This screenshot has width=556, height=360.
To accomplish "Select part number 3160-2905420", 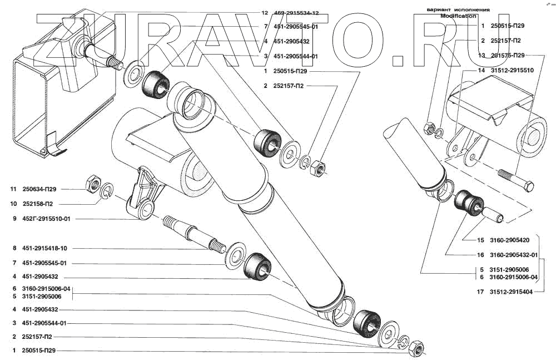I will point(510,241).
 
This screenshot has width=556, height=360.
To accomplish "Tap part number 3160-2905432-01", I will point(514,255).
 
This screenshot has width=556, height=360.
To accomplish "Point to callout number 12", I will point(265,12).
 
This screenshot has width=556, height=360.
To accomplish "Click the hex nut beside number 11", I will point(93,182).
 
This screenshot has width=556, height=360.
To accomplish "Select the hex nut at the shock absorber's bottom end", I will point(415,349).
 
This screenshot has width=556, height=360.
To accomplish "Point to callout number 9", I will point(13,219).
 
